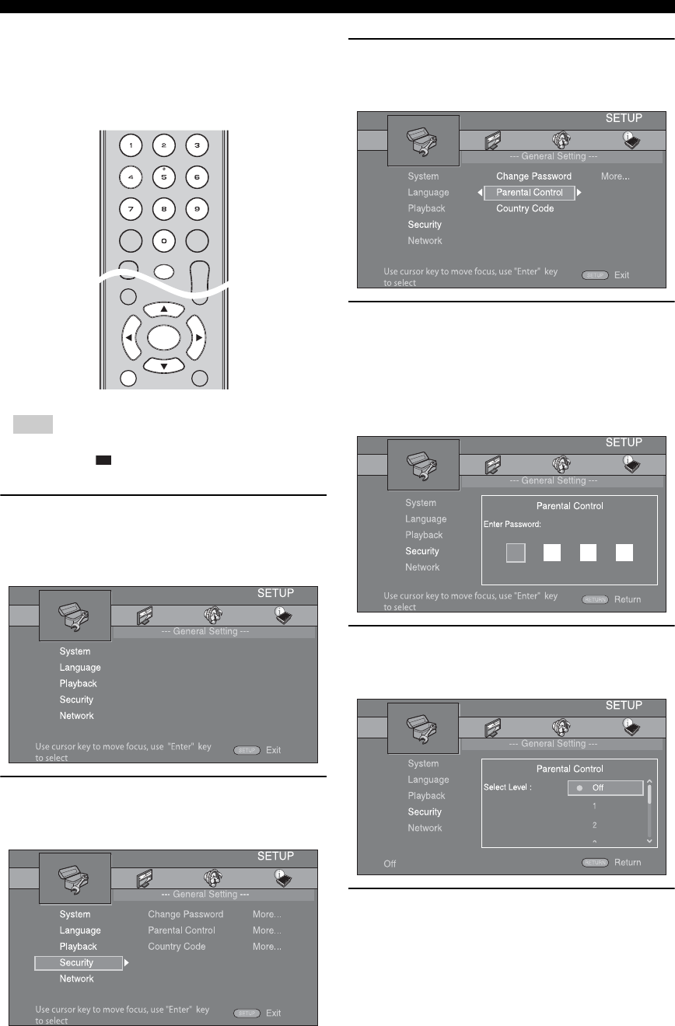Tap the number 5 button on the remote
[163, 177]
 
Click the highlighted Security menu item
[78, 963]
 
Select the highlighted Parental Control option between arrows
[530, 193]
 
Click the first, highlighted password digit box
[516, 553]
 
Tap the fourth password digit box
[624, 553]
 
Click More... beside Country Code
[267, 947]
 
